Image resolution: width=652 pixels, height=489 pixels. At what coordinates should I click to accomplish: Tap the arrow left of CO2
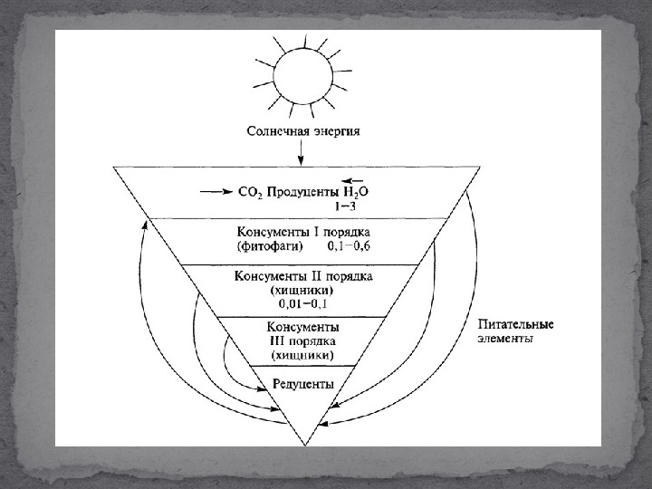216,192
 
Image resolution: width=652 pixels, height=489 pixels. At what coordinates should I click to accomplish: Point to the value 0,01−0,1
302,303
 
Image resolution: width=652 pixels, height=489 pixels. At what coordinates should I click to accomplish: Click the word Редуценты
303,384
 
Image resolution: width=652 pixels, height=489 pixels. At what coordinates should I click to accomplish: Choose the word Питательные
516,324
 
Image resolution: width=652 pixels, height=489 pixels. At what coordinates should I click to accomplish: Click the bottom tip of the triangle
302,444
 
